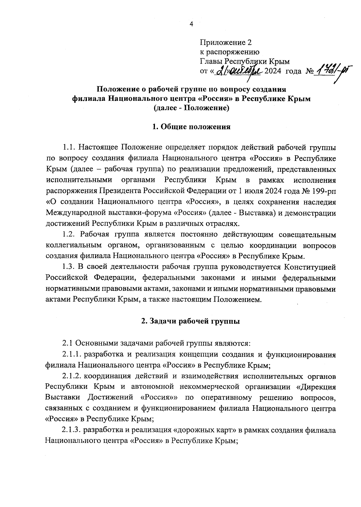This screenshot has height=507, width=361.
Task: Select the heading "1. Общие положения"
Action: pyautogui.click(x=191, y=127)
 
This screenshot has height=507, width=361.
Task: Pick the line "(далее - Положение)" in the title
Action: pyautogui.click(x=191, y=108)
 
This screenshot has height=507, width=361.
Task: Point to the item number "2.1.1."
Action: pyautogui.click(x=72, y=355)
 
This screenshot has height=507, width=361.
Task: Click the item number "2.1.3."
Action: pyautogui.click(x=72, y=430)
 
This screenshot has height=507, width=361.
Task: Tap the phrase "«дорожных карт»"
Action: pyautogui.click(x=205, y=430)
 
